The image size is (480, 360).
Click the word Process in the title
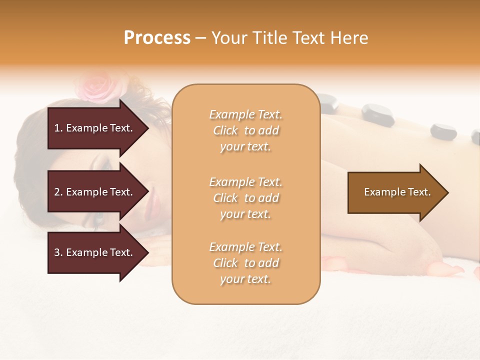click(x=157, y=38)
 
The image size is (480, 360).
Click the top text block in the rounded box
click(x=245, y=130)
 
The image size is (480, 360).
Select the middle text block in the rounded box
click(x=245, y=198)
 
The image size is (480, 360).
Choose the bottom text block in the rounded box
click(x=245, y=263)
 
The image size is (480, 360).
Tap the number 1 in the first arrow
click(x=57, y=128)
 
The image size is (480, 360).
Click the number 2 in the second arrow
click(x=57, y=192)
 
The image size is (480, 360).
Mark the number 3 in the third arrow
click(x=57, y=252)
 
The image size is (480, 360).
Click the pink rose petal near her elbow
click(x=452, y=270)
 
